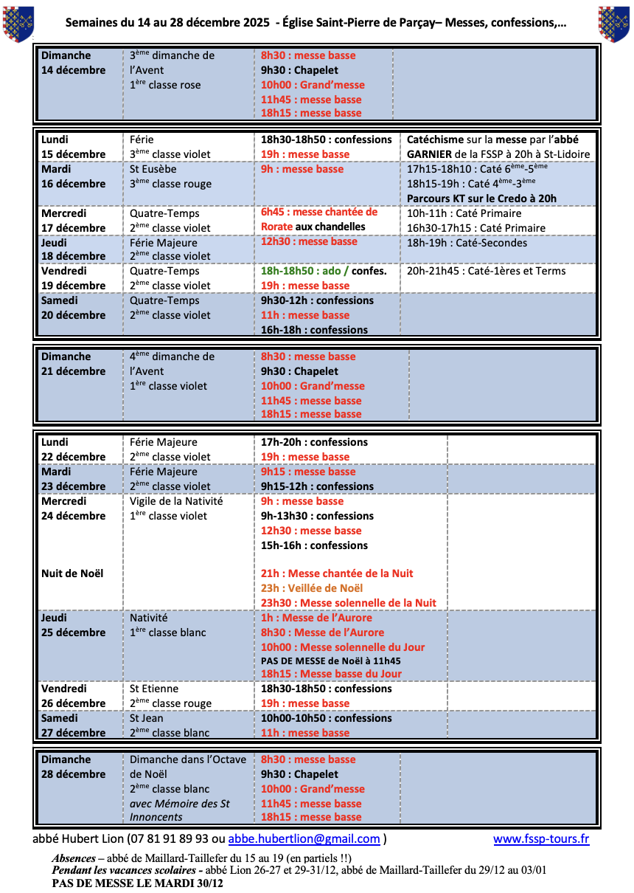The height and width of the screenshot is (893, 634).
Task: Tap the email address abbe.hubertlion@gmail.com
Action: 304,839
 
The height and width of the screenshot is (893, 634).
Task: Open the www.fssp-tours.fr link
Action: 541,839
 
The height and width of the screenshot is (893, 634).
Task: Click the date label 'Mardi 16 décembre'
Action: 73,176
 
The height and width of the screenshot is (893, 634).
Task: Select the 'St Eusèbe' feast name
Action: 153,169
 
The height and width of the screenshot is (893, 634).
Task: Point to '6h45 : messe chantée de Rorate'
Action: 319,219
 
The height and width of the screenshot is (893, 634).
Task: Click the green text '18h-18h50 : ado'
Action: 302,271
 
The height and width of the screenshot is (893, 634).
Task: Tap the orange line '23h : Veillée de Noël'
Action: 312,588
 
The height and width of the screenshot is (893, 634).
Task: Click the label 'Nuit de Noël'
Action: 72,573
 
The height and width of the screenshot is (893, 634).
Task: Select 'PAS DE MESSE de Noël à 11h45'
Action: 331,661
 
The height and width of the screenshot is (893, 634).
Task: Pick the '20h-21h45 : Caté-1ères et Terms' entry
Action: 487,271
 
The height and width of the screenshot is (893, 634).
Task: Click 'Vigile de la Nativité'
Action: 176,501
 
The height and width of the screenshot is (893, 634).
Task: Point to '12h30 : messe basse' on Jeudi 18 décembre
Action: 309,241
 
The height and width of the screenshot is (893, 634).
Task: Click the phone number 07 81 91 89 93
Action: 168,839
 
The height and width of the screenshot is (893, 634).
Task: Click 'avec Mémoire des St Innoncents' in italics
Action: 180,810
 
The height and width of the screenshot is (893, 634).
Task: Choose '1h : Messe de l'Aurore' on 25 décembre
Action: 316,618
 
